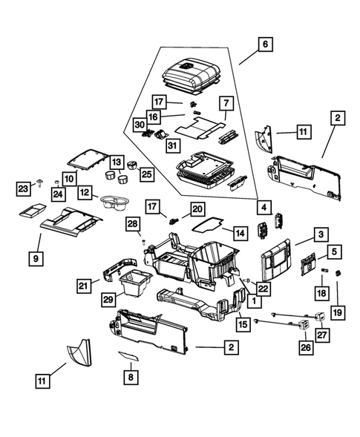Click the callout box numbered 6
[x=264, y=45]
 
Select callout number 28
[x=132, y=223]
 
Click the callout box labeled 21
[x=84, y=285]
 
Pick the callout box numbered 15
[x=242, y=324]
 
